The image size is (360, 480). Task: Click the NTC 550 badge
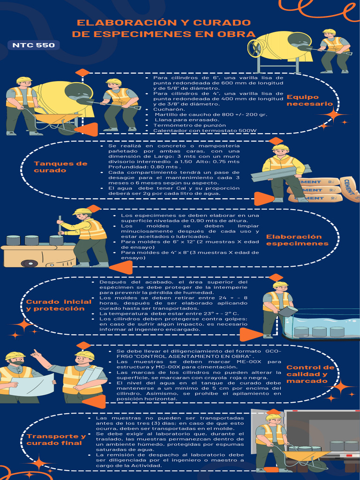point(33,45)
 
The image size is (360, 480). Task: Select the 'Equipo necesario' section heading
point(309,100)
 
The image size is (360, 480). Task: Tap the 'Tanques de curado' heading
point(60,167)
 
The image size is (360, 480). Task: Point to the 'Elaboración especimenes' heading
point(294,240)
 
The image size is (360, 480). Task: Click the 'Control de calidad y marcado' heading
point(310,374)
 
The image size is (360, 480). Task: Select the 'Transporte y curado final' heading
point(56,440)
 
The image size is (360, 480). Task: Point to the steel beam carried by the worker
point(280,173)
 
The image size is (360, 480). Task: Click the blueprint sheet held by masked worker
point(31,385)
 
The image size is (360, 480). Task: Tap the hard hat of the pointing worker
point(84,355)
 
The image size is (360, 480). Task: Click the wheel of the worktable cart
point(30,263)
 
